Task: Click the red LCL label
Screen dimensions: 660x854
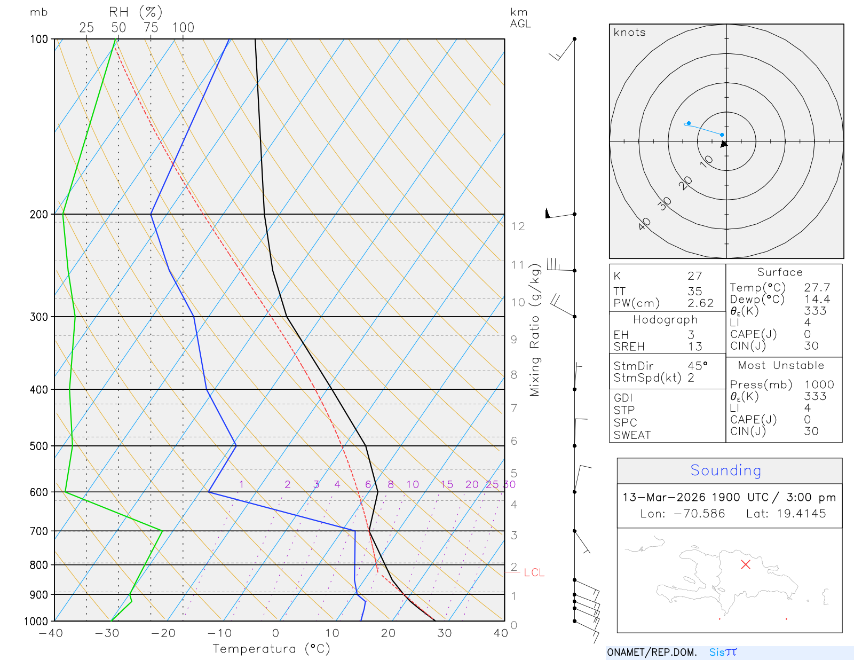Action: [x=534, y=572]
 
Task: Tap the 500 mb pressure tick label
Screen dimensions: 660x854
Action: [x=39, y=446]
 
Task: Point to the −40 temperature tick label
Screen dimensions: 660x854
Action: [x=51, y=633]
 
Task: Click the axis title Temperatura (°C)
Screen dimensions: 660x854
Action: [x=271, y=649]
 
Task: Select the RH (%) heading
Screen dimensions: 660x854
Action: [x=135, y=12]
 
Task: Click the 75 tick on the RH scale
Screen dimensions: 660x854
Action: [x=151, y=28]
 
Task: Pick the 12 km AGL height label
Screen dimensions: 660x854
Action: [x=518, y=226]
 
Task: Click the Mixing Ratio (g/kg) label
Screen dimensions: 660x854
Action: [x=535, y=330]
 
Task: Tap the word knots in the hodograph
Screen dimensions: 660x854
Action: [x=629, y=33]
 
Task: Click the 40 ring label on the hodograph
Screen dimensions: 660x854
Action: [x=645, y=224]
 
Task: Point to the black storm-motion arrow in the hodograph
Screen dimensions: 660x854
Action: [x=724, y=144]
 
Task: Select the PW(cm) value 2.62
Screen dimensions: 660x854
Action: [x=700, y=303]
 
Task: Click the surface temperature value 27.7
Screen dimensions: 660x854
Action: [x=817, y=288]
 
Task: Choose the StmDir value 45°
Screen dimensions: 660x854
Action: [x=697, y=366]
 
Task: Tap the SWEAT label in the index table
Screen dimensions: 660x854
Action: [x=632, y=435]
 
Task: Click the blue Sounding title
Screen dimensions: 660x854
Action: [x=725, y=470]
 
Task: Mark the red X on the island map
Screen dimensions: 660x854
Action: [x=746, y=564]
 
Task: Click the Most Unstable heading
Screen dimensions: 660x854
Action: [x=781, y=366]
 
